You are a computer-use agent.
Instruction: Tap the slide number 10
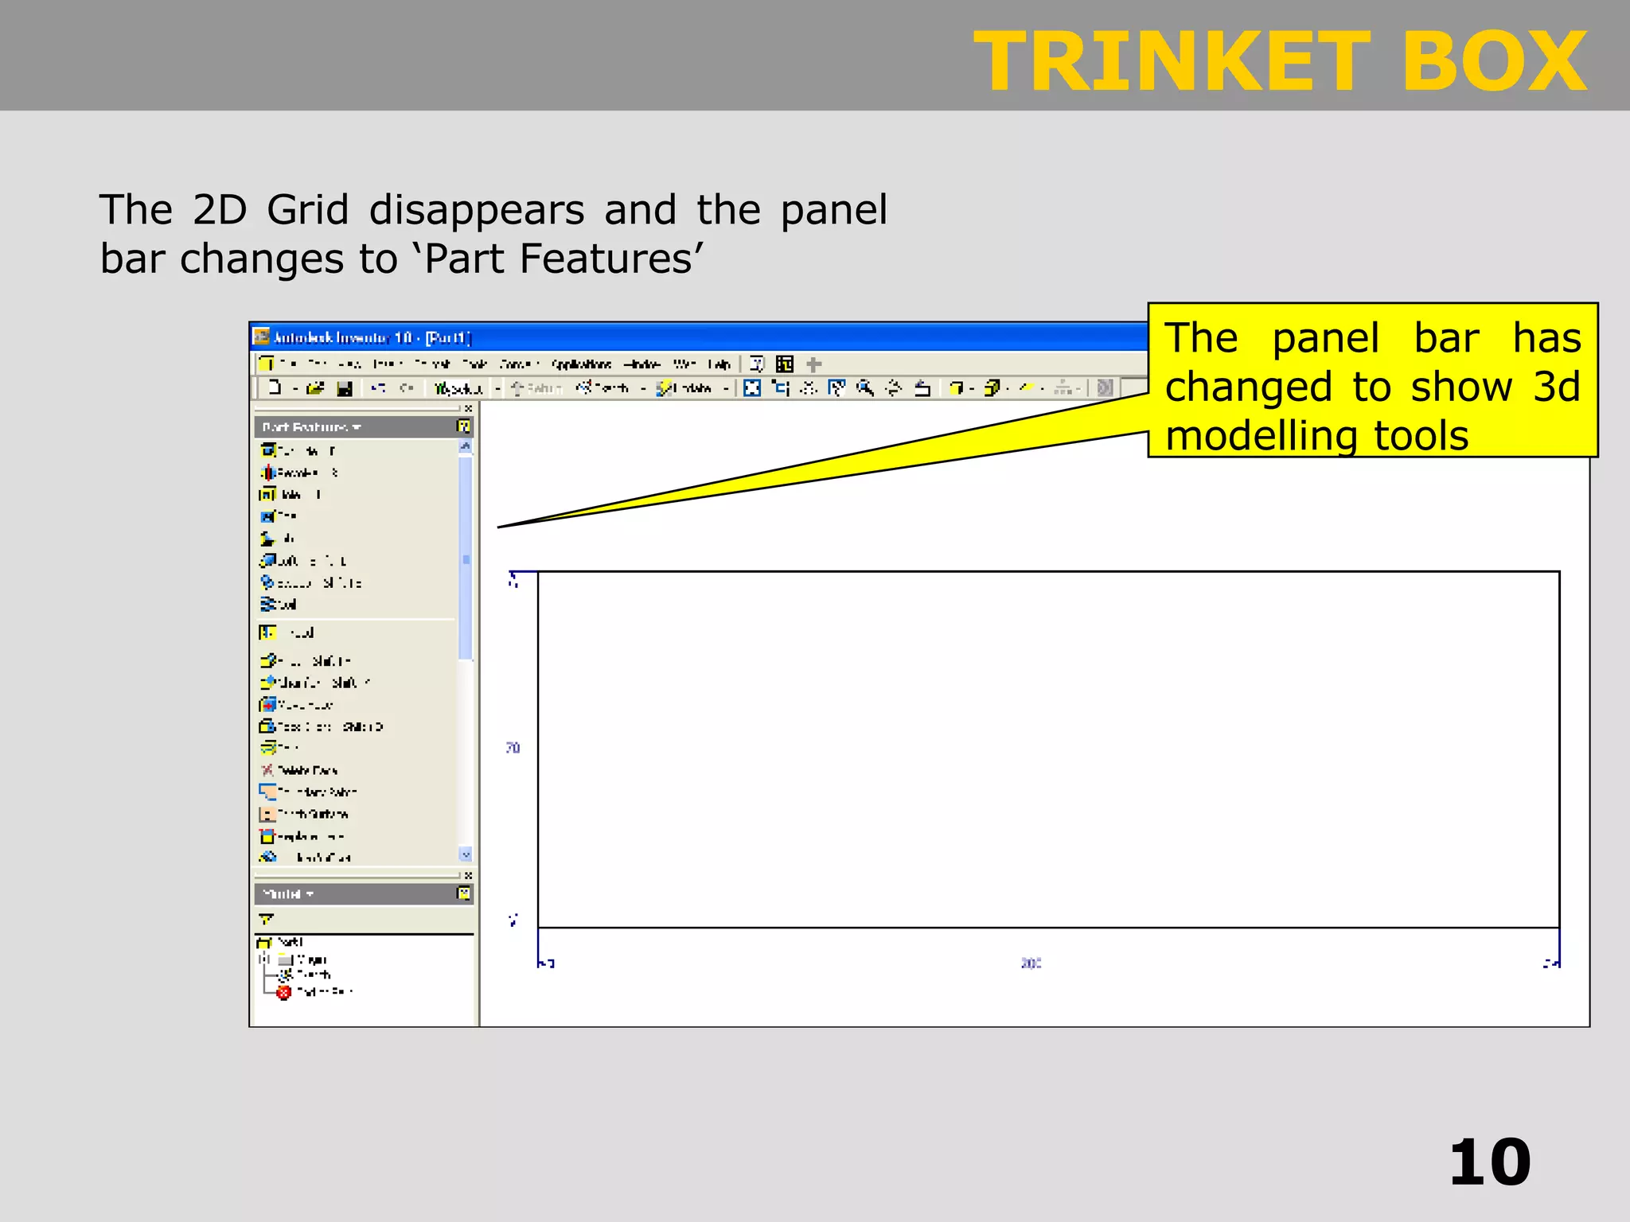pos(1489,1163)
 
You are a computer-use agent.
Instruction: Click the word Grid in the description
pos(307,210)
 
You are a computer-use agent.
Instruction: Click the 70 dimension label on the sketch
pos(513,748)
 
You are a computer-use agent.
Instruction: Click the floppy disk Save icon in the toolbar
pos(345,388)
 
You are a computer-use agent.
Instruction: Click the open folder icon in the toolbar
pos(315,388)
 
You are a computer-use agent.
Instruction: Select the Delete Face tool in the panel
pos(306,770)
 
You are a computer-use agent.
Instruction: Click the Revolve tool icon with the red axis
pos(268,473)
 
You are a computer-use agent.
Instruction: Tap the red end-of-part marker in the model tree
pos(284,992)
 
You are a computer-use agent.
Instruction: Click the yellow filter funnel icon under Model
pos(266,919)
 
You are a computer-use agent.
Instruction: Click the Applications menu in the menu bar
pos(581,364)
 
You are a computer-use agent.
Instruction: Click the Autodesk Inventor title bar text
pos(372,338)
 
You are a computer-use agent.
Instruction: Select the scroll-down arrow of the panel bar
pos(466,854)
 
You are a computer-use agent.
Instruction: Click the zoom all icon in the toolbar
pos(752,388)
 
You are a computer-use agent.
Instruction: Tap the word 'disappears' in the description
pos(476,210)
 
